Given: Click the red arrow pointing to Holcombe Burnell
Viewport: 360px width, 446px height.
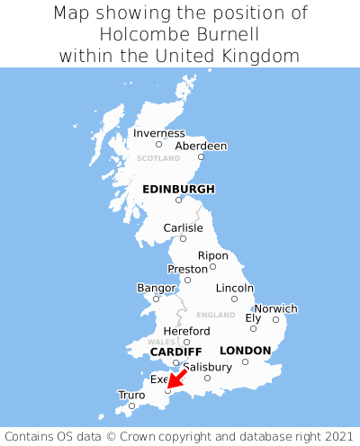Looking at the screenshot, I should pyautogui.click(x=177, y=379).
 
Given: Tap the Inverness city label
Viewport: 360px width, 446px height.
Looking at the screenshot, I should pyautogui.click(x=159, y=133).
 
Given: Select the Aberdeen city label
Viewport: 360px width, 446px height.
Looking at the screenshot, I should pyautogui.click(x=201, y=146).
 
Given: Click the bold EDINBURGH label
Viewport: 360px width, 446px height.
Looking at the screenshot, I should pyautogui.click(x=178, y=189).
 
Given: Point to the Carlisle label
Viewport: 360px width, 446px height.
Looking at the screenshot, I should pyautogui.click(x=183, y=227).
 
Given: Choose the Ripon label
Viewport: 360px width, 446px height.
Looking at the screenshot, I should pyautogui.click(x=213, y=255).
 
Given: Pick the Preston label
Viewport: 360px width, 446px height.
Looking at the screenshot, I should pyautogui.click(x=188, y=269).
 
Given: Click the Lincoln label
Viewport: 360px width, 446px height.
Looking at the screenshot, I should pyautogui.click(x=235, y=288).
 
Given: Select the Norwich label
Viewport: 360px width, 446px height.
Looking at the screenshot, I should pyautogui.click(x=275, y=308).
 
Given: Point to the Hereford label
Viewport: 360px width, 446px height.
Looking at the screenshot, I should pyautogui.click(x=186, y=331).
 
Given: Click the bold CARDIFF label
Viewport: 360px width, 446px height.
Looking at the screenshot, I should pyautogui.click(x=175, y=351).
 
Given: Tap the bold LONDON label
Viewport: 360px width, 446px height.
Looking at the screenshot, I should pyautogui.click(x=245, y=350).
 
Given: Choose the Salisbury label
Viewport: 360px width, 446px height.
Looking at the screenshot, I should pyautogui.click(x=207, y=367).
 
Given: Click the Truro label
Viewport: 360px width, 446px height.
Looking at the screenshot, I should pyautogui.click(x=131, y=395).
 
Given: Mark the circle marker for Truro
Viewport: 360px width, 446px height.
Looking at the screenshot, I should pyautogui.click(x=131, y=406).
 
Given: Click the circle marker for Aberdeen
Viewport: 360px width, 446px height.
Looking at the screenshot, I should pyautogui.click(x=201, y=157).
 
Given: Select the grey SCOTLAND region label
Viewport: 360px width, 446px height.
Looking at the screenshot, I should pyautogui.click(x=158, y=158).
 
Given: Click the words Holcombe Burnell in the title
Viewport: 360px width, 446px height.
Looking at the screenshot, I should pyautogui.click(x=180, y=34).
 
